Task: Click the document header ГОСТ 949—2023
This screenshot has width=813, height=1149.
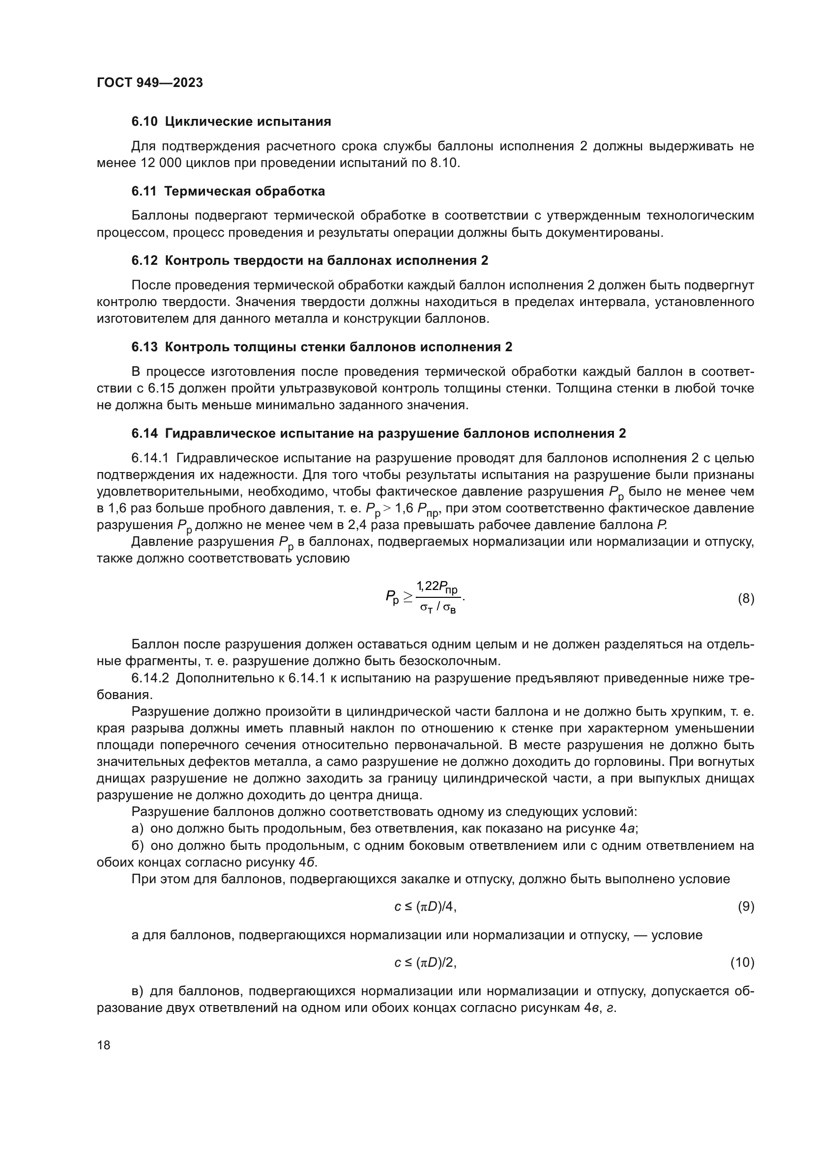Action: [150, 83]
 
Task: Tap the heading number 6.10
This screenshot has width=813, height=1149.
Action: [145, 122]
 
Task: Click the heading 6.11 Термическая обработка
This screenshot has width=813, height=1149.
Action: [228, 191]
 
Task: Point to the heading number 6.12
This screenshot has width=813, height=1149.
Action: [145, 260]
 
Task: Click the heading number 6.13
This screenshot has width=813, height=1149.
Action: [145, 347]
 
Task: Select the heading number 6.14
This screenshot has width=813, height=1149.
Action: [145, 433]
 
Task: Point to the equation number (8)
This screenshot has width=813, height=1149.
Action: [746, 598]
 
